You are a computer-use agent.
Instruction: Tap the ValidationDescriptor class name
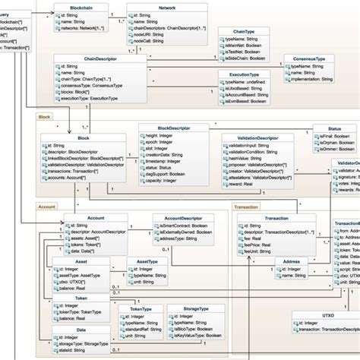[252, 137]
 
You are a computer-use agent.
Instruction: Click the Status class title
[333, 129]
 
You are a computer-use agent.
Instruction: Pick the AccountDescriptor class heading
[186, 217]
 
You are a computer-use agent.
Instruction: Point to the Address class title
[291, 261]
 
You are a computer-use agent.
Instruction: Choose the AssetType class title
[147, 261]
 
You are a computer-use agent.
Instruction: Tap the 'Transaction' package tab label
[246, 206]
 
